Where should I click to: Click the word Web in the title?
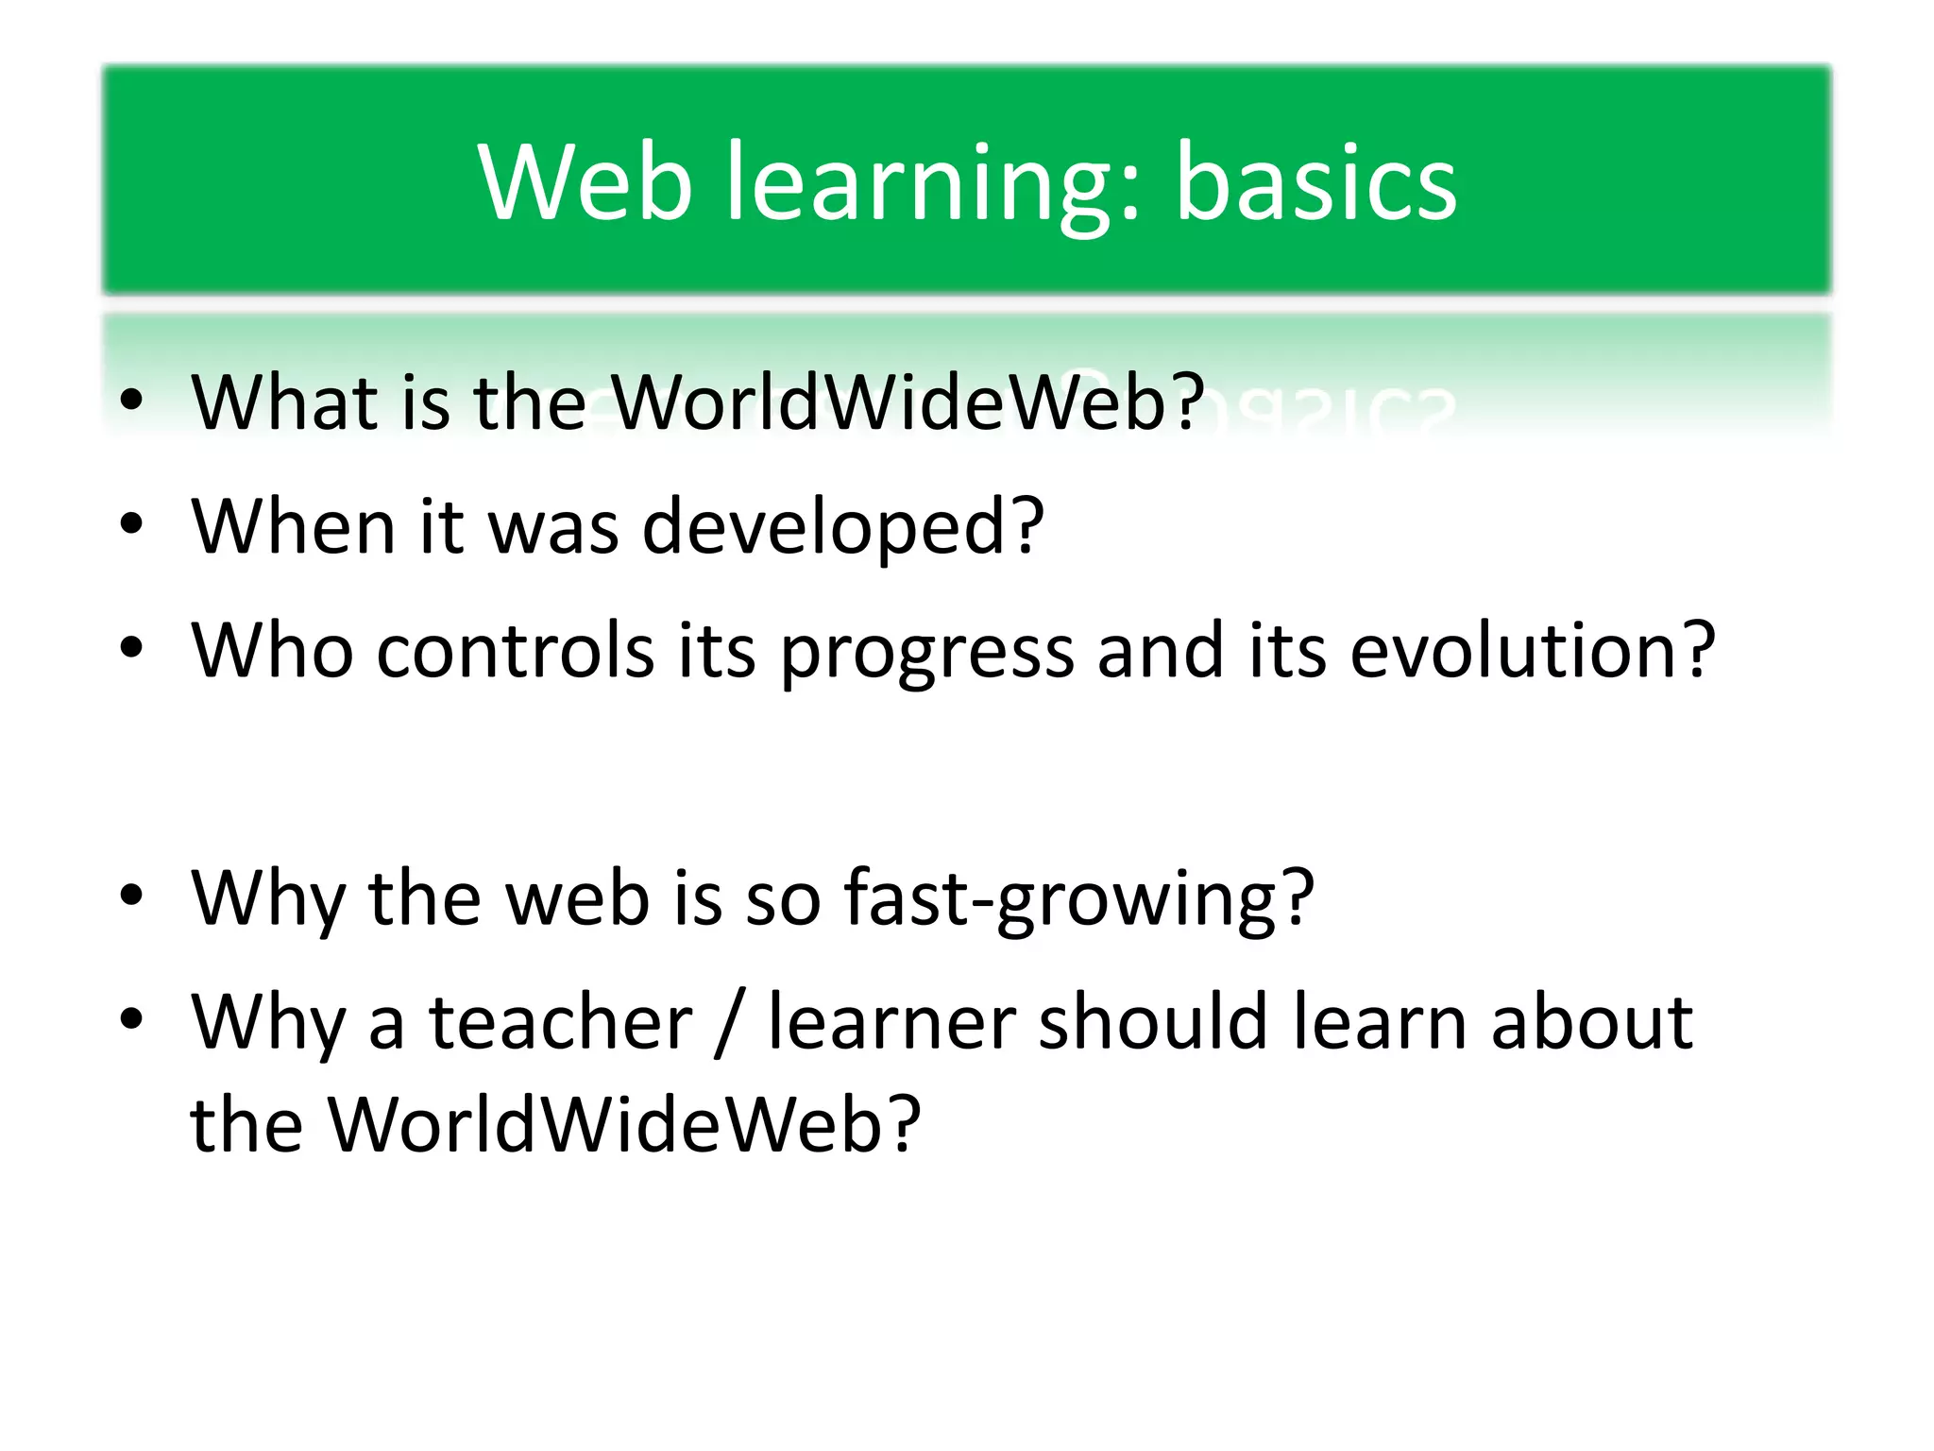(x=585, y=181)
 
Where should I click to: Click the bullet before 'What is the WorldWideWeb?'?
(x=132, y=401)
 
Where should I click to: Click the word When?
(x=294, y=525)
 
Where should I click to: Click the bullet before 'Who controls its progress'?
(x=132, y=650)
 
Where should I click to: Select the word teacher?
(x=561, y=1022)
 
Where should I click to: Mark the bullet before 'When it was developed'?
(x=132, y=525)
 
